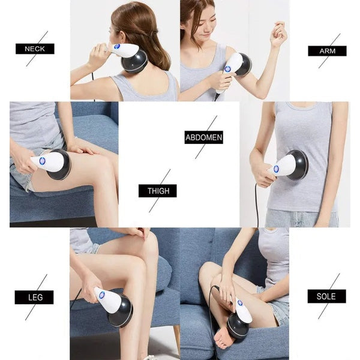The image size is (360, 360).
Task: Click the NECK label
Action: tap(35, 49)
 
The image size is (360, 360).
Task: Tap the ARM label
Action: tap(327, 50)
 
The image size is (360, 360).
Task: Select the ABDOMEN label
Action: tap(203, 137)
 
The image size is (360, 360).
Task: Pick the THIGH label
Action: tap(158, 191)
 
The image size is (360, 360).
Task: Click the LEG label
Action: tap(34, 297)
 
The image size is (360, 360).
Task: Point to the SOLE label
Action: tap(326, 296)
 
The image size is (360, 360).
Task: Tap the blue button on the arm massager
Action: tap(227, 69)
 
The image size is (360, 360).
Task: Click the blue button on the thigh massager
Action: tap(43, 161)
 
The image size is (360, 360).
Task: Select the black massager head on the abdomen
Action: tap(298, 165)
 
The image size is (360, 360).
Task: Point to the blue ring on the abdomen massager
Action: tap(276, 169)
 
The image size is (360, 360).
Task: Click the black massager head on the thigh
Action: tap(60, 165)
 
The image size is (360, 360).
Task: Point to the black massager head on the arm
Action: tap(243, 64)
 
